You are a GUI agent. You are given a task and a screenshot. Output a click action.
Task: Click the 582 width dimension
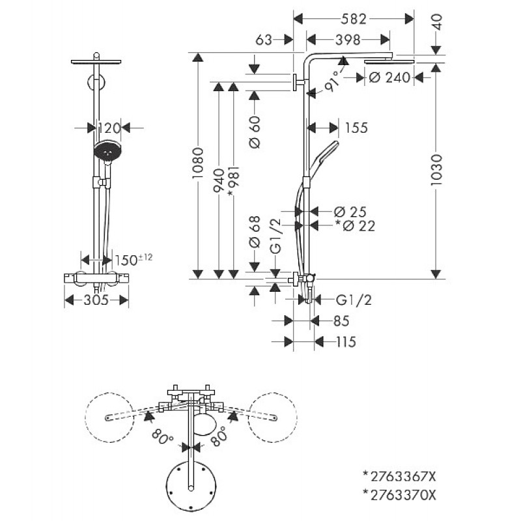point(354,19)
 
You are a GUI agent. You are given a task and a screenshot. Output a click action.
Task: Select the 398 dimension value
point(348,40)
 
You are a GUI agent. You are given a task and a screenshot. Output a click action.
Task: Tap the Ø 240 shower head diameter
point(389,77)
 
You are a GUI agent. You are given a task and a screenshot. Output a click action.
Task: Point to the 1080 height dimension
point(198,163)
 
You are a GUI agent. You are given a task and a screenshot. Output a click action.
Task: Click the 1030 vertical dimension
point(436,170)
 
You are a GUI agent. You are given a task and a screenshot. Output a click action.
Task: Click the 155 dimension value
point(356,128)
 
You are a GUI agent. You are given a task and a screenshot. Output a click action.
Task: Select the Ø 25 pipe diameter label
point(350,212)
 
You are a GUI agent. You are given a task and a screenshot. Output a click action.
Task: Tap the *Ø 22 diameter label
point(355,226)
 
